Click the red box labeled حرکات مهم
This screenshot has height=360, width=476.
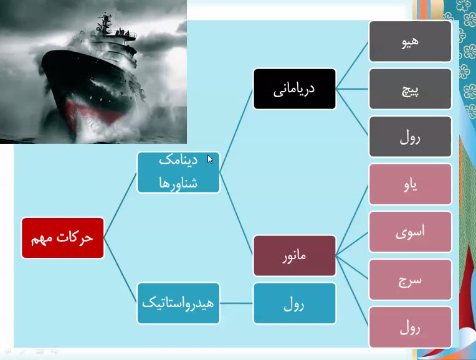(62, 238)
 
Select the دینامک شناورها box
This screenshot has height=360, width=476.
(178, 173)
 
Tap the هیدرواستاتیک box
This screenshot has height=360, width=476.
(178, 303)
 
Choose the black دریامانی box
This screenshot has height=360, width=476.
(295, 89)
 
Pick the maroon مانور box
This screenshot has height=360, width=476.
(295, 256)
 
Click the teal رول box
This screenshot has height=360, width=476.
(295, 303)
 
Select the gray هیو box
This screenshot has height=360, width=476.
(411, 41)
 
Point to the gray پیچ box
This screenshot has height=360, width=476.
(411, 89)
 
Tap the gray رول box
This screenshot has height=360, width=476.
(411, 136)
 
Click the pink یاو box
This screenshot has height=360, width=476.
(411, 184)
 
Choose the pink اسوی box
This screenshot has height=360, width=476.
(411, 232)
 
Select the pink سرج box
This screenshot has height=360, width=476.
(411, 280)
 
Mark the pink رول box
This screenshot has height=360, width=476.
(411, 327)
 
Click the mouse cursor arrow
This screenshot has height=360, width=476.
(210, 159)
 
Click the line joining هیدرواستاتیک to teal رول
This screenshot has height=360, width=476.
(237, 303)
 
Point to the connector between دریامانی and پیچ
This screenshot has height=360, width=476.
(353, 89)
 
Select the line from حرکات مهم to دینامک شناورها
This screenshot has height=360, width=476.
(120, 205)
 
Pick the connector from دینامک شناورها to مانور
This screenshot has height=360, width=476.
(237, 214)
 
